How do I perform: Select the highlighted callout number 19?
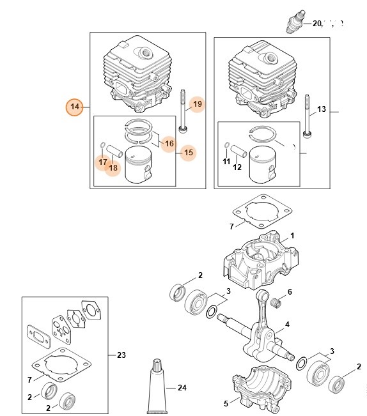click(197, 104)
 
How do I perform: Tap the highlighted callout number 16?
click(169, 143)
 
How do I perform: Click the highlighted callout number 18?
click(114, 167)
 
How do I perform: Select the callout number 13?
click(321, 109)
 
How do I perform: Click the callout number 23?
click(122, 354)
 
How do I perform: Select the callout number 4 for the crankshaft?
click(287, 325)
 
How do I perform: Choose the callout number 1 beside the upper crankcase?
click(292, 236)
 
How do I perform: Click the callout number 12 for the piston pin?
click(237, 167)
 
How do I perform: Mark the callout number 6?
click(289, 292)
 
